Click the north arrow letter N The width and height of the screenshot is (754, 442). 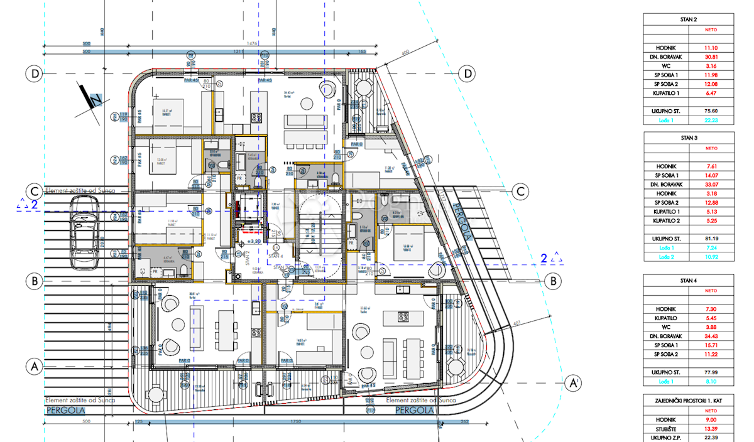(x=96, y=100)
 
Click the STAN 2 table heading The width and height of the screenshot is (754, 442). (x=689, y=19)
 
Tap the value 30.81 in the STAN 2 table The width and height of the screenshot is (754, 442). (x=711, y=57)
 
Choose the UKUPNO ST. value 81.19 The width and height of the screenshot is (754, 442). (x=711, y=239)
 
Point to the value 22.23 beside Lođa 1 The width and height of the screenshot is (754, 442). (x=711, y=120)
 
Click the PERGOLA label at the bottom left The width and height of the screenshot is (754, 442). (x=65, y=411)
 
